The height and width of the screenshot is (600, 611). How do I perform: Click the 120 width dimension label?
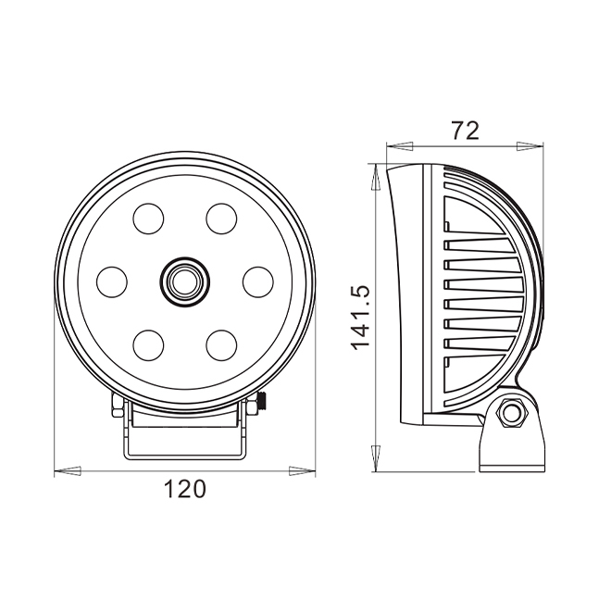tap(184, 489)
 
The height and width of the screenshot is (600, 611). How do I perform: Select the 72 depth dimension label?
tap(465, 131)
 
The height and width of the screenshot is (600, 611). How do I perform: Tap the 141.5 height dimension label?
tap(360, 318)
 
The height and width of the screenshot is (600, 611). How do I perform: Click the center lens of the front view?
tap(185, 281)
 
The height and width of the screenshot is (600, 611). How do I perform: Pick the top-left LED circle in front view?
tap(148, 219)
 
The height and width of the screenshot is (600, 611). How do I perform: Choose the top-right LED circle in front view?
tap(221, 219)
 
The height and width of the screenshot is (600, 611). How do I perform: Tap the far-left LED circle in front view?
tap(112, 281)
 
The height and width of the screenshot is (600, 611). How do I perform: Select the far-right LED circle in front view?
tap(258, 281)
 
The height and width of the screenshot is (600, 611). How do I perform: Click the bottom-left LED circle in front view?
tap(148, 345)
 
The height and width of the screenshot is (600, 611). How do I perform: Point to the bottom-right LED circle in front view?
tap(221, 345)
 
